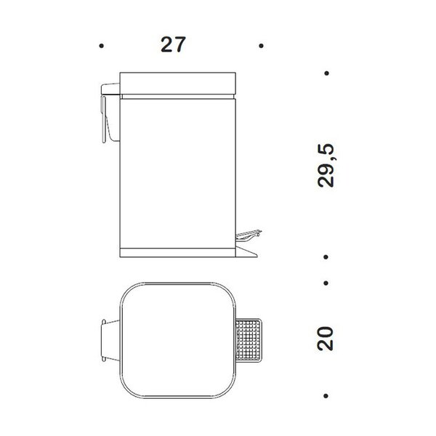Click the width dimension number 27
pyautogui.click(x=173, y=44)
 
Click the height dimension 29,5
pyautogui.click(x=326, y=166)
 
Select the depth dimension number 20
pyautogui.click(x=325, y=339)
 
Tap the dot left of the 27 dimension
pyautogui.click(x=102, y=46)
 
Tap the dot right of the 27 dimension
pyautogui.click(x=261, y=46)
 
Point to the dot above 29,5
pyautogui.click(x=327, y=73)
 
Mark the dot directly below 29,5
pyautogui.click(x=326, y=257)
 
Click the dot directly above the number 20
pyautogui.click(x=326, y=283)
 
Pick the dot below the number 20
pyautogui.click(x=326, y=396)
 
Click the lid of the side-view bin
pyautogui.click(x=178, y=84)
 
